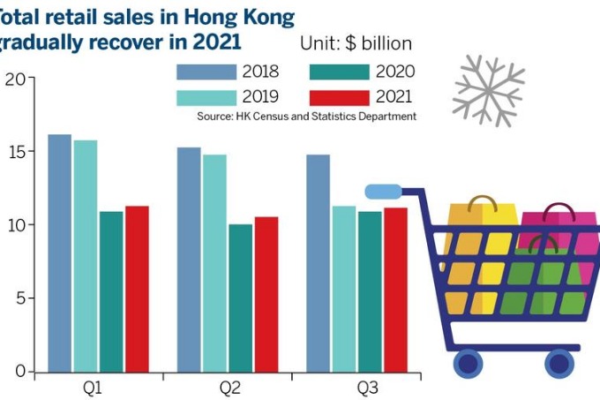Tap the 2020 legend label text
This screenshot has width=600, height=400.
click(x=394, y=72)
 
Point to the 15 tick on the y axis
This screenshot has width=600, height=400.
click(x=13, y=152)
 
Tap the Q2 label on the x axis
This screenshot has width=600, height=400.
click(x=229, y=388)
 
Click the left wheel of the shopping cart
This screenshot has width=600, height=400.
click(x=468, y=361)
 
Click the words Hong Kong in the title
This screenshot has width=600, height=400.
click(x=237, y=17)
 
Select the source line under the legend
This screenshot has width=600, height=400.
click(x=306, y=117)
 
